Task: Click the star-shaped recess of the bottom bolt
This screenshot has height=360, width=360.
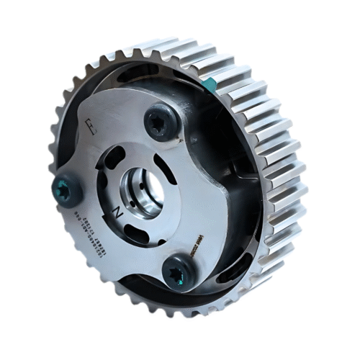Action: (177, 273)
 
